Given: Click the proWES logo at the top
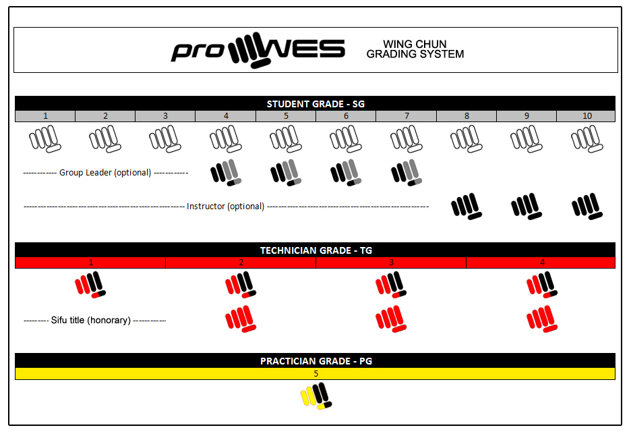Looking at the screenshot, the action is (x=258, y=50).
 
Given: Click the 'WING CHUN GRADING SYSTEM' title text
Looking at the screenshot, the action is (x=415, y=49).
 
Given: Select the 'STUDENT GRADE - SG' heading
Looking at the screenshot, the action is (x=315, y=104).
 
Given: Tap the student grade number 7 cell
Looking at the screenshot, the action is (x=407, y=116).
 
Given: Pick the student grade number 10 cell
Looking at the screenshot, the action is (x=587, y=116).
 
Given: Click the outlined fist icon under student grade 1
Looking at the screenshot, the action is (x=45, y=139).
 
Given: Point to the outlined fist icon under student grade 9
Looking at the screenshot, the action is (x=527, y=139).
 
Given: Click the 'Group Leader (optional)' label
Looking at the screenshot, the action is (x=105, y=173).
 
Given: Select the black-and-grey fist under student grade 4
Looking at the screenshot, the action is (x=226, y=173).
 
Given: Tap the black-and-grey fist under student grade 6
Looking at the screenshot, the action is (x=346, y=173).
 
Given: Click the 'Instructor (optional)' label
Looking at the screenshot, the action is (x=225, y=207).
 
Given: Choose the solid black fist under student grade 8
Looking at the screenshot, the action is (x=467, y=207).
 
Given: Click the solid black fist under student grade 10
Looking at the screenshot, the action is (x=587, y=207).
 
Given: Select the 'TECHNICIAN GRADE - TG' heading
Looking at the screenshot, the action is (x=316, y=250).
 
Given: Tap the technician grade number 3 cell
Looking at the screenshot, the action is (x=391, y=263).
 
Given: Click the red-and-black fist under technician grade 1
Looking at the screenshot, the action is (x=90, y=285).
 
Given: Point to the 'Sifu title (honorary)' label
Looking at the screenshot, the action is (x=90, y=321).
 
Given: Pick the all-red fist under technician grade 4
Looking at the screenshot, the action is (x=542, y=319).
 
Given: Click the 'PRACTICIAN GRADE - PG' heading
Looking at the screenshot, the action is (x=316, y=361).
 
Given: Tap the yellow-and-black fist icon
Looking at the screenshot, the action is (x=316, y=396).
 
